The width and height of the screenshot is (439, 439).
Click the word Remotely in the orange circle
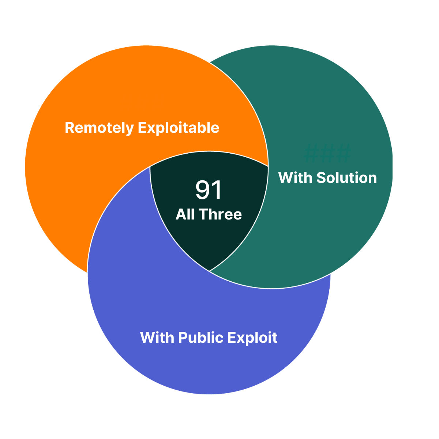point(99,128)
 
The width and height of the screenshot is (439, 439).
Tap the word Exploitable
point(179,128)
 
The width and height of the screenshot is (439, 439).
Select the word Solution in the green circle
point(346,178)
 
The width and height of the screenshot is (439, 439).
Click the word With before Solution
point(295,178)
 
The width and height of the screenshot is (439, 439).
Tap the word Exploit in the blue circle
point(252,337)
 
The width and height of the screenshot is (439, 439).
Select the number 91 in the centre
point(209,190)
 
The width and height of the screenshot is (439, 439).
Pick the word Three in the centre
point(220,214)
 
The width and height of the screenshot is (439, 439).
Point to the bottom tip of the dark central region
point(209,271)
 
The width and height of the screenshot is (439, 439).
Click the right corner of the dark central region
point(268,166)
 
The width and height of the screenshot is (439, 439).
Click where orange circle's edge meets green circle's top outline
point(209,63)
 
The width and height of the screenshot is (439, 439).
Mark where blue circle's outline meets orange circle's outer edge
point(88,272)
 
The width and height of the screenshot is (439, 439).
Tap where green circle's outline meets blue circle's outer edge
point(330,273)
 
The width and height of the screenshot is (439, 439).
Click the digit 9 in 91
point(202,190)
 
